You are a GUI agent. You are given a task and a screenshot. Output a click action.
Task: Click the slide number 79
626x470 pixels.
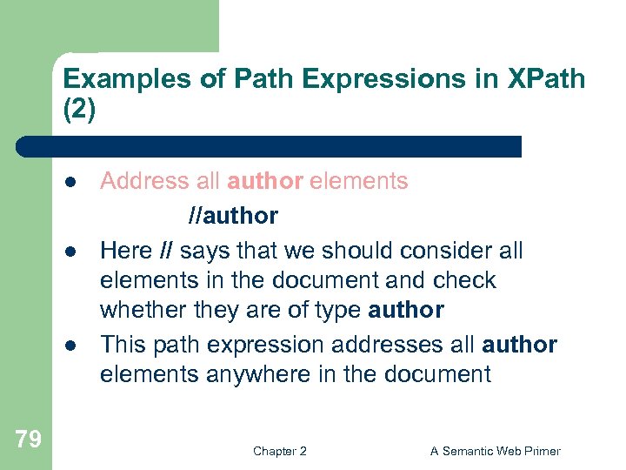click(x=28, y=440)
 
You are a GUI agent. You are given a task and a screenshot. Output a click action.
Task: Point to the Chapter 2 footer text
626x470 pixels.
click(x=279, y=451)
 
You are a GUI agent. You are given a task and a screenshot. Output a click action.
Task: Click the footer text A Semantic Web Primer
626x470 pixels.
click(x=496, y=451)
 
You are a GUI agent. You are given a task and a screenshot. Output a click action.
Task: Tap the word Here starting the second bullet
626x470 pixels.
click(x=125, y=251)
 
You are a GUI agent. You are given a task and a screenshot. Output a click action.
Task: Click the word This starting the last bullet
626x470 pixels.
click(x=122, y=344)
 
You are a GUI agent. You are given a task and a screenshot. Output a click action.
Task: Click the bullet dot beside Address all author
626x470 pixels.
click(x=69, y=182)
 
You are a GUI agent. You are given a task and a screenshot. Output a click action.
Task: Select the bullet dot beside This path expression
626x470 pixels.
click(x=69, y=345)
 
